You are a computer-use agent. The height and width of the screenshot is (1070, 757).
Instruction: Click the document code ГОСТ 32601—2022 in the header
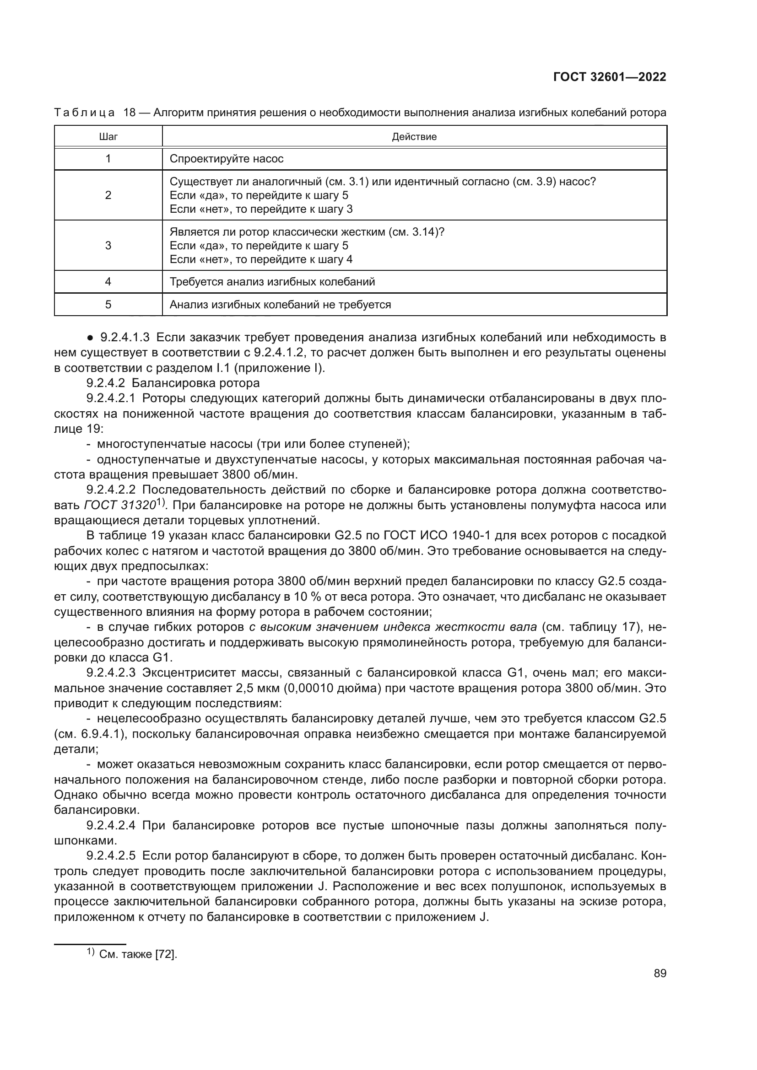pos(609,77)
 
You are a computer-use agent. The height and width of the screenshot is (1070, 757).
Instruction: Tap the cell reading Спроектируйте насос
pos(227,159)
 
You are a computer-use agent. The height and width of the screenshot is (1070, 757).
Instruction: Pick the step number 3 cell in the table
pos(108,246)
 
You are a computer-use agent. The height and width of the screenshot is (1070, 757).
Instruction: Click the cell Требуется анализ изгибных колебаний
pos(272,282)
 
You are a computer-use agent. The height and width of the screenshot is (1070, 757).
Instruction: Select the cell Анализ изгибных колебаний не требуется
pos(280,305)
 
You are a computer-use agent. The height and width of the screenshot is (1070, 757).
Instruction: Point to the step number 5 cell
pos(108,305)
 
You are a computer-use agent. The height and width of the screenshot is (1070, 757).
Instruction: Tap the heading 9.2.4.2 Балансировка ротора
pos(173,383)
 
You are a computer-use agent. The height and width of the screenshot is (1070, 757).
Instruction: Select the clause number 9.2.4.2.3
pos(111,673)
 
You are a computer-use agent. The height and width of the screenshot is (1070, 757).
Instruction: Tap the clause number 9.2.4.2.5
pos(111,856)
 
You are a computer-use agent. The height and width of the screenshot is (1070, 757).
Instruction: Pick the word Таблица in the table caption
pos(84,113)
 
